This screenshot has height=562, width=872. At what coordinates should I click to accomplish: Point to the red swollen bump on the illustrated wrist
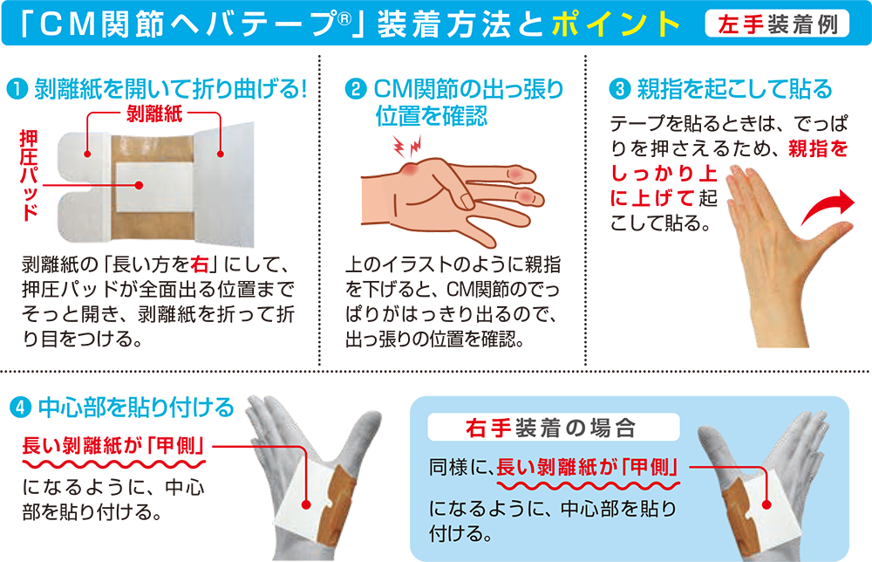409,169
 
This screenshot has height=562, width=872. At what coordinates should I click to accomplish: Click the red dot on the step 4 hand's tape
307,504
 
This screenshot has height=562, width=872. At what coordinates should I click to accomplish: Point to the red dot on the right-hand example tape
766,504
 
